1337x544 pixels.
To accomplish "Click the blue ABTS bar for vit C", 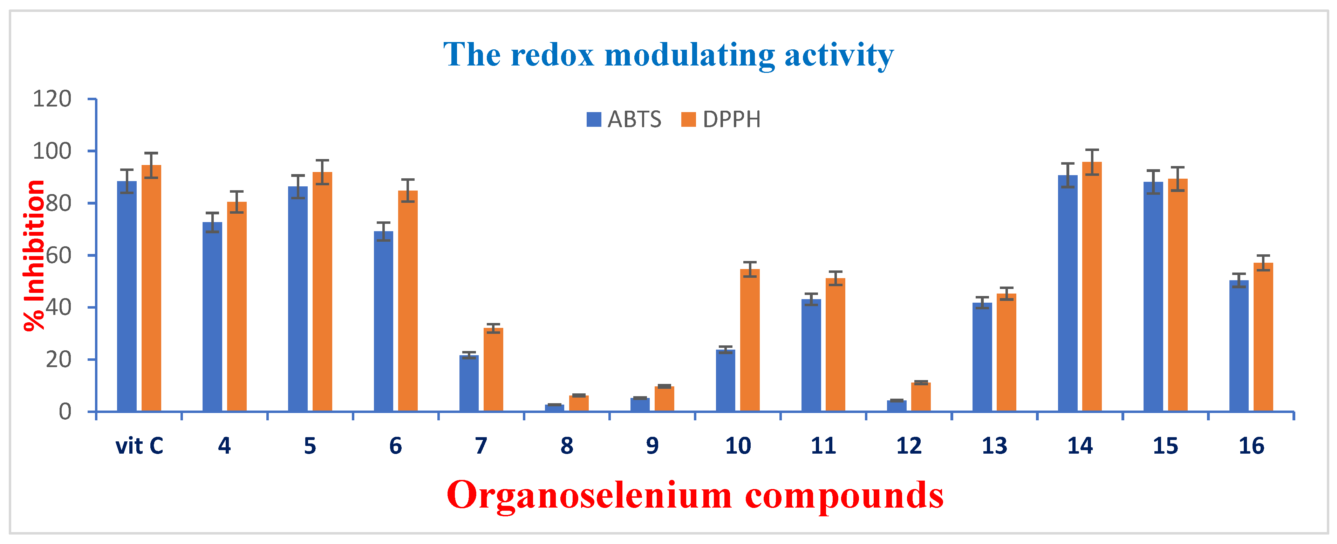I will click(x=127, y=296).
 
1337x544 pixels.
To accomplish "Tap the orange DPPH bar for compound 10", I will click(x=750, y=340).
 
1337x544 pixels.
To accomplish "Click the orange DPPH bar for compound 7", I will click(x=493, y=369).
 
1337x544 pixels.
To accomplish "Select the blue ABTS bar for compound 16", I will click(x=1239, y=345).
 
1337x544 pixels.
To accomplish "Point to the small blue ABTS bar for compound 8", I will click(x=554, y=408).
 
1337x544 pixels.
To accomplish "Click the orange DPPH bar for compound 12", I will click(x=921, y=397).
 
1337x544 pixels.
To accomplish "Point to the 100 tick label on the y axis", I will click(x=52, y=151).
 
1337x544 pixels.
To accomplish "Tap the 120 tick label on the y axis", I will click(x=52, y=98).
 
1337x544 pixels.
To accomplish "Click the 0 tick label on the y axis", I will click(x=65, y=412).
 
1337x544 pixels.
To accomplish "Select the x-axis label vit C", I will click(x=139, y=446).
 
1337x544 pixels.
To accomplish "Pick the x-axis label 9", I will click(x=652, y=446).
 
